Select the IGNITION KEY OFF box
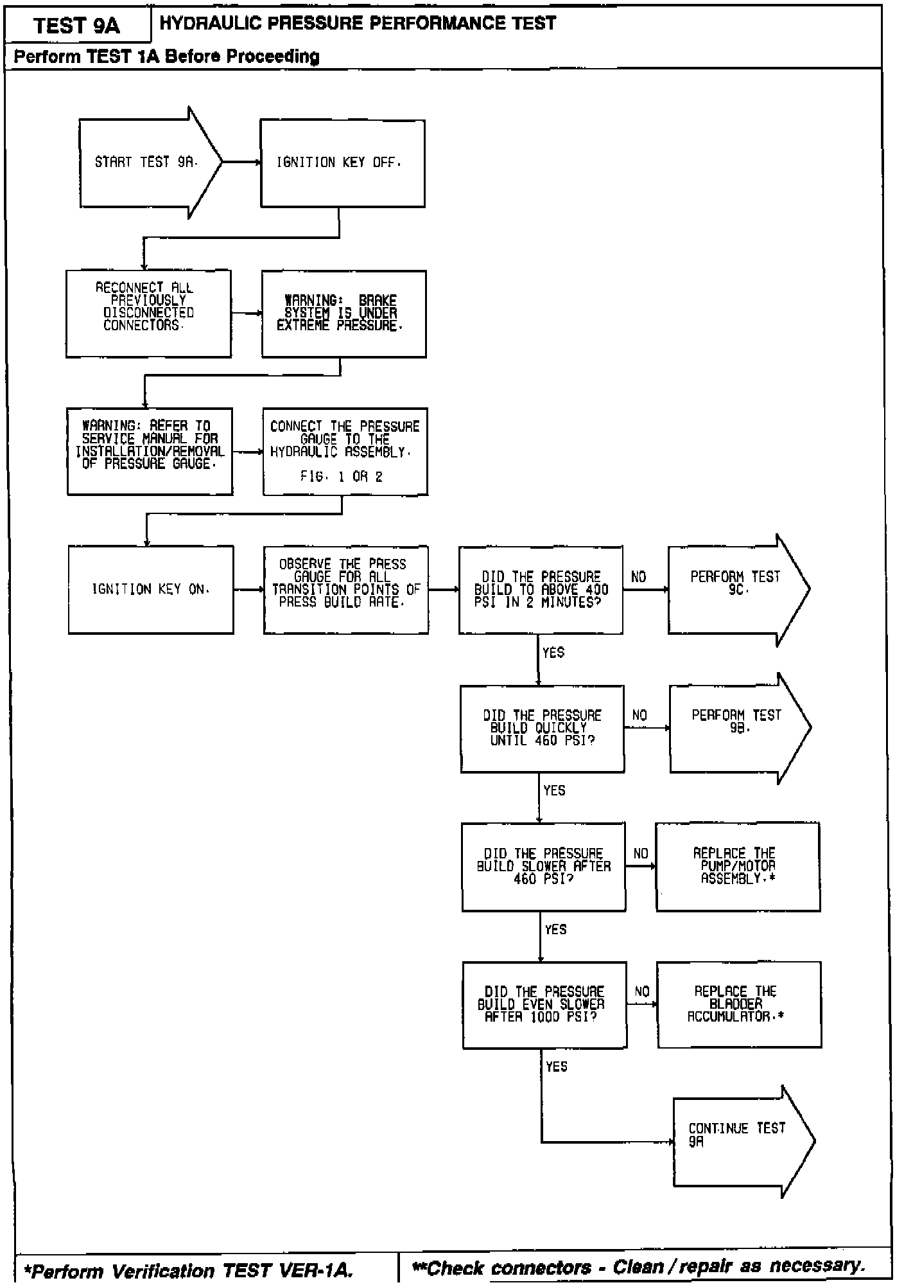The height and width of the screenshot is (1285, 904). pyautogui.click(x=342, y=163)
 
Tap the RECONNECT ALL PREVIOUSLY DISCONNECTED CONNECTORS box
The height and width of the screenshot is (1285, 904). pyautogui.click(x=148, y=314)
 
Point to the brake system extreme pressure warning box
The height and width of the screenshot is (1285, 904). pyautogui.click(x=343, y=314)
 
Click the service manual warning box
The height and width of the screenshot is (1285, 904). pyautogui.click(x=150, y=451)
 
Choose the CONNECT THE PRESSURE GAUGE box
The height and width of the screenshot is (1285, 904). pyautogui.click(x=345, y=451)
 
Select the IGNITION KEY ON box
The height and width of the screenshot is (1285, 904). pyautogui.click(x=151, y=589)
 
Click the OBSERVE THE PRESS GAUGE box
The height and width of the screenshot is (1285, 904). pyautogui.click(x=346, y=589)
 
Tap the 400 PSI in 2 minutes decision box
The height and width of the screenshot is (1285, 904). pyautogui.click(x=541, y=590)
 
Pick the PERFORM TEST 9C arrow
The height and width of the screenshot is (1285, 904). pyautogui.click(x=735, y=589)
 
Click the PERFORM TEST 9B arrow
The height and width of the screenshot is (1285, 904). pyautogui.click(x=736, y=728)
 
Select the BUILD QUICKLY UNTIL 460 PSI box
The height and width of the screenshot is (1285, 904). pyautogui.click(x=543, y=729)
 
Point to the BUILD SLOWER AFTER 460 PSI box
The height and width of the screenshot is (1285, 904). pyautogui.click(x=544, y=867)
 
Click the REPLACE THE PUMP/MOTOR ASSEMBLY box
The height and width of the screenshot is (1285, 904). pyautogui.click(x=738, y=867)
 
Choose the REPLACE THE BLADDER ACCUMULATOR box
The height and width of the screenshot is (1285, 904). pyautogui.click(x=739, y=1005)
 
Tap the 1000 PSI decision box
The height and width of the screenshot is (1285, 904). pyautogui.click(x=544, y=1005)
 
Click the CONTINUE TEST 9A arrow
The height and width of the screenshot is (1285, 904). pyautogui.click(x=738, y=1142)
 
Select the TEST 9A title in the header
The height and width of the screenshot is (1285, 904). pyautogui.click(x=77, y=26)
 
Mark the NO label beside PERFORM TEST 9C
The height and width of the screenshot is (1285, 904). pyautogui.click(x=638, y=577)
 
